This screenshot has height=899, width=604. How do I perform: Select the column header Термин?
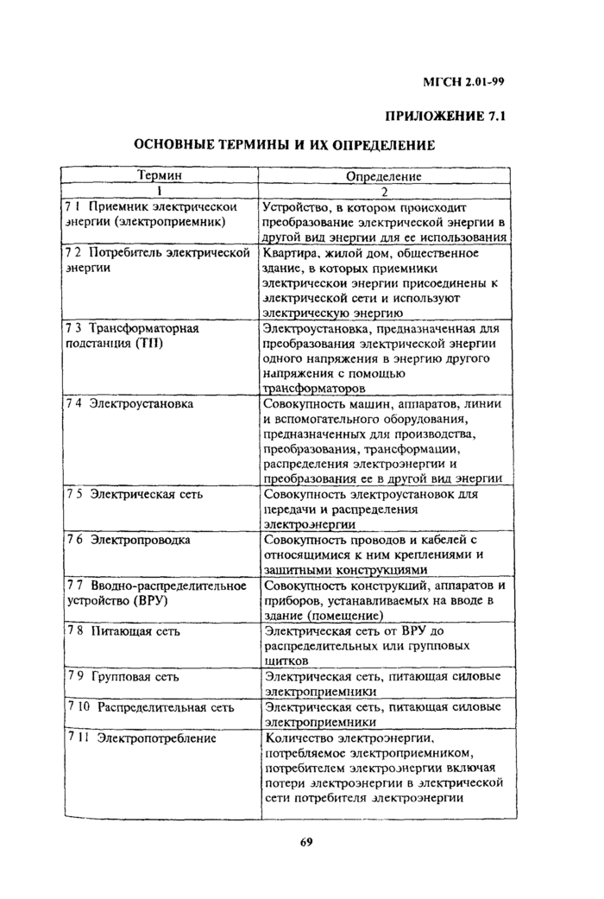tap(160, 176)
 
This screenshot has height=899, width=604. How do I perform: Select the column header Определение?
tap(383, 177)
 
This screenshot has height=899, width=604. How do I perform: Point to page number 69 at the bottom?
tap(305, 843)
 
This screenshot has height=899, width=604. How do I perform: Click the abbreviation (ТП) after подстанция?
tap(144, 344)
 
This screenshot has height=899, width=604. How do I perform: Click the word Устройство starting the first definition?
tap(298, 207)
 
